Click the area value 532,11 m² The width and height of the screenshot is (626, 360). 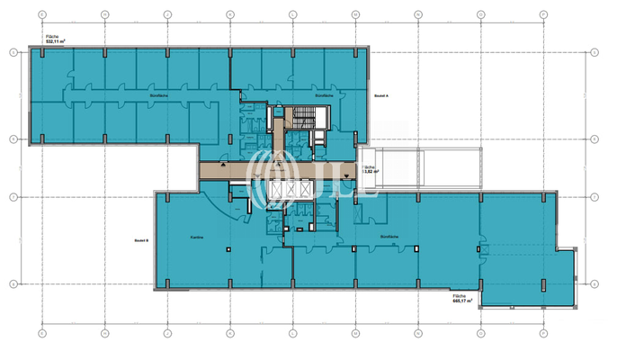tap(56, 41)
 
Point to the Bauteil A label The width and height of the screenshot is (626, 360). tap(380, 93)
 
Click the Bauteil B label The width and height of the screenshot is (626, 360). tap(140, 240)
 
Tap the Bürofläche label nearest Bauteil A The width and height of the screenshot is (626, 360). tap(324, 93)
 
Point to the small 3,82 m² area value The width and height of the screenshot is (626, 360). tap(370, 171)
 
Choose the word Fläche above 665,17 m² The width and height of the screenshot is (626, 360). tap(461, 295)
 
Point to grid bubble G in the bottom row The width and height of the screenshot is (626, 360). tap(41, 332)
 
